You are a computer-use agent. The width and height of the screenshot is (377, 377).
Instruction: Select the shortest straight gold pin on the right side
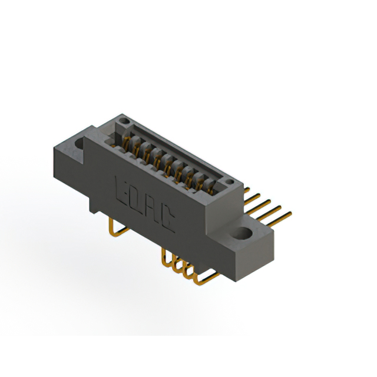tap(250, 193)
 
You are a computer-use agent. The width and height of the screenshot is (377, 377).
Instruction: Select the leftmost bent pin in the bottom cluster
tap(164, 257)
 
